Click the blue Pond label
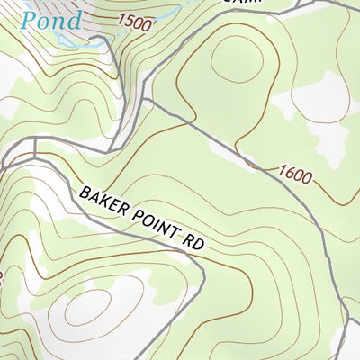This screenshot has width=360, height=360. click(x=51, y=19)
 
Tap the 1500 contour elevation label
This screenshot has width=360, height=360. click(x=133, y=23)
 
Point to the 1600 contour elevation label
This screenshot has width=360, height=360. click(x=295, y=174)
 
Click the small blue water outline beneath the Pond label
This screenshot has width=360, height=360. click(x=67, y=41)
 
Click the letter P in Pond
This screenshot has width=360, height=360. click(x=31, y=19)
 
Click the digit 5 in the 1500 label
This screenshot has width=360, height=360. click(x=127, y=22)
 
